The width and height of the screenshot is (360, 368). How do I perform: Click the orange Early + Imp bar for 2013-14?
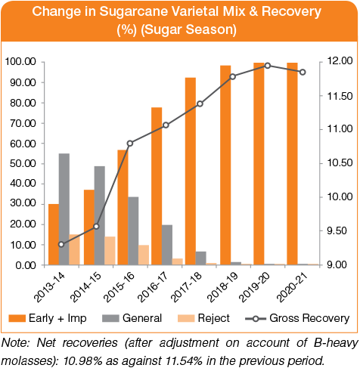tap(54, 234)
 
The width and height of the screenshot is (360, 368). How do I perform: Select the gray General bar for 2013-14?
tap(64, 209)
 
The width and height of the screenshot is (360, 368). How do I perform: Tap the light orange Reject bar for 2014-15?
tap(110, 251)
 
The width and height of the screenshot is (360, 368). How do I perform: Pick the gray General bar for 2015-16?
tap(133, 230)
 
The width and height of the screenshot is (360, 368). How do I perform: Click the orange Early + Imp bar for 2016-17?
tap(157, 186)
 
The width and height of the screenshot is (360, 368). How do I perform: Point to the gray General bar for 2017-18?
tap(200, 258)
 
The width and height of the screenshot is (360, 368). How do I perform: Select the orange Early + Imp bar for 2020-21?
tap(292, 164)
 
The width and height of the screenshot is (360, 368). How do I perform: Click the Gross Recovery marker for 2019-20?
tap(268, 66)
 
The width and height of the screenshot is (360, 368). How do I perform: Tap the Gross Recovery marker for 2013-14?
tap(61, 244)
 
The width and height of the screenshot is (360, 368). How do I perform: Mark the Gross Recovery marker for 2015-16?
tap(130, 144)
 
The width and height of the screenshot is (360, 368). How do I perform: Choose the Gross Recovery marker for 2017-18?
tap(200, 104)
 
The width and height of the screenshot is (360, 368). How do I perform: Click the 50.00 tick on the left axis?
tap(42, 164)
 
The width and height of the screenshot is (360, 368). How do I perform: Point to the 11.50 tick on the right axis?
tap(321, 96)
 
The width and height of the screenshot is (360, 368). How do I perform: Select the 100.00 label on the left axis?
tap(20, 62)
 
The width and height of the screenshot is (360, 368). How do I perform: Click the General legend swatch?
tap(110, 318)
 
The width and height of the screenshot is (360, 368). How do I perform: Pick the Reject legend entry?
tap(203, 318)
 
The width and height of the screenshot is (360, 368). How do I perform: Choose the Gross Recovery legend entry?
tap(297, 318)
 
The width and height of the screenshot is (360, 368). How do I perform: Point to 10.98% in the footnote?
tap(83, 361)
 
